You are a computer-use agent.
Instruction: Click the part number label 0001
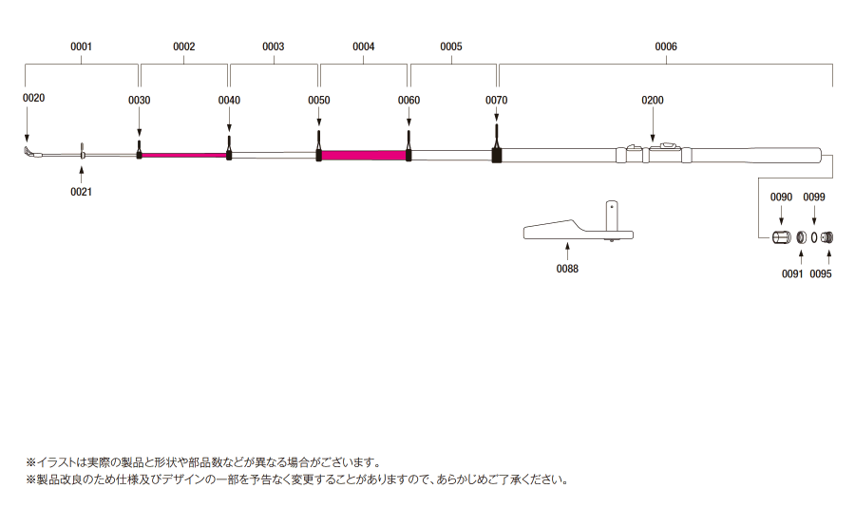click(82, 47)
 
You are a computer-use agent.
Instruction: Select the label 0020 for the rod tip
click(34, 98)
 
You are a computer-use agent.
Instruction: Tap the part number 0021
click(82, 192)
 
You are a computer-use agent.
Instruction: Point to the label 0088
click(567, 269)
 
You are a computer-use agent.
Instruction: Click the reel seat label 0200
click(652, 101)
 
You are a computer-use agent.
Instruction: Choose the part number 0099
click(814, 197)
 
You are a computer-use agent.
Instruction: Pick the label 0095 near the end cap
click(821, 274)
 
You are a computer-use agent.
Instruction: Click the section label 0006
click(666, 47)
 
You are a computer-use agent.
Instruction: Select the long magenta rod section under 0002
click(184, 156)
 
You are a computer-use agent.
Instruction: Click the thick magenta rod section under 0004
click(364, 156)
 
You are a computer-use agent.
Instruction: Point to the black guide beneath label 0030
click(139, 149)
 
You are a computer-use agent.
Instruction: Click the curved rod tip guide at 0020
click(30, 152)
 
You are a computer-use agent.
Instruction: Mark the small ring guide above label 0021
click(82, 151)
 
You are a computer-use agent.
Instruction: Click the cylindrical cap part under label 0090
click(782, 237)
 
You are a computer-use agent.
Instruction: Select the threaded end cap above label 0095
click(826, 237)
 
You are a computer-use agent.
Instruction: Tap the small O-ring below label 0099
click(814, 237)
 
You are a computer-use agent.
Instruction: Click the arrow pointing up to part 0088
click(567, 252)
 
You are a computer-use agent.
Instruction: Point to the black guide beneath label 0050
click(319, 146)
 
